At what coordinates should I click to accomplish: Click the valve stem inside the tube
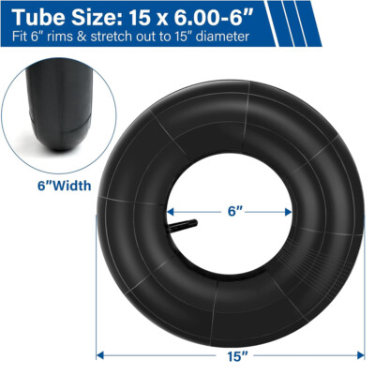pyautogui.click(x=184, y=226)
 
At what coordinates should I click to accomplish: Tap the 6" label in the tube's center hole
pyautogui.click(x=235, y=212)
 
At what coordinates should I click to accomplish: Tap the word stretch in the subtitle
pyautogui.click(x=111, y=37)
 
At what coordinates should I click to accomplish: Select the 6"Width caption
pyautogui.click(x=65, y=186)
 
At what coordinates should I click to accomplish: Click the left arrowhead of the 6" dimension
pyautogui.click(x=170, y=212)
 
